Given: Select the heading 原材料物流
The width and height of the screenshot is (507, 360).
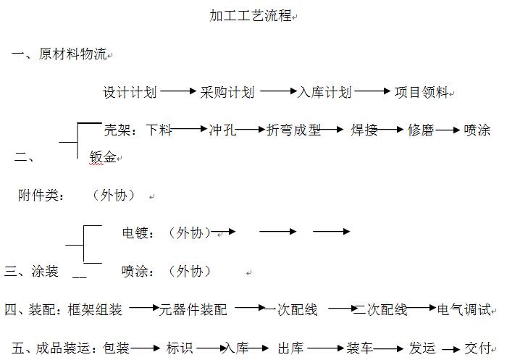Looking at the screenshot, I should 72,54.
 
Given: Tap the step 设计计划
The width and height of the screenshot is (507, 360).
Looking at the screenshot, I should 130,93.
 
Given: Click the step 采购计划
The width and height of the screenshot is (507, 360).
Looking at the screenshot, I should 227,93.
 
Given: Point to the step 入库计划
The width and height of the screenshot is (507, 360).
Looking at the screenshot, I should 324,93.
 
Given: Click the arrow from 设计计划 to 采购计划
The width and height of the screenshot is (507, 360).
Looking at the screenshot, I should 178,92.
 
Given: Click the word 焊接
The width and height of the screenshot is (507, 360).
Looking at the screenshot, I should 364,130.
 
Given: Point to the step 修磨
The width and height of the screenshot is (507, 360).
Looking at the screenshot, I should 420,130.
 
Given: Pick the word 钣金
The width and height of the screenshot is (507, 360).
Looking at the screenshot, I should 102,156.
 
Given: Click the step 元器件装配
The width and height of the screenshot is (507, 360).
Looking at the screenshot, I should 193,310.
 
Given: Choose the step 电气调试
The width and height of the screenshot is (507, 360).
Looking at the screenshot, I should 464,310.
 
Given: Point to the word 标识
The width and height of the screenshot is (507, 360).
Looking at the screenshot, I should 180,348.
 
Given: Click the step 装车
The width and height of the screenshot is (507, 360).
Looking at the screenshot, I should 360,348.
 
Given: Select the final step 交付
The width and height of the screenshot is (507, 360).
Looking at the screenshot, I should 478,348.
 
